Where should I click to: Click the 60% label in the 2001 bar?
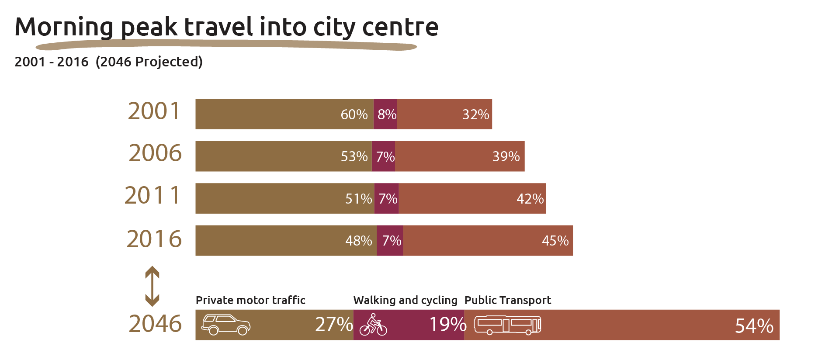point(354,114)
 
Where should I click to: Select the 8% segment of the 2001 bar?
point(386,114)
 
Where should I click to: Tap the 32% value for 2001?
point(475,114)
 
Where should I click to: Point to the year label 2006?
point(155,153)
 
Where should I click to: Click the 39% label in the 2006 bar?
point(506,156)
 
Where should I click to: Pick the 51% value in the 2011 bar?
point(358,199)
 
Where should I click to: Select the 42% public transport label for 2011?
point(530,199)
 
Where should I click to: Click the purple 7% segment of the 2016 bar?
point(391,241)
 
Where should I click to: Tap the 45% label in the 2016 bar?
point(555,241)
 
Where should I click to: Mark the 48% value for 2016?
point(358,241)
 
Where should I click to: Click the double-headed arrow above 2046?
point(152,286)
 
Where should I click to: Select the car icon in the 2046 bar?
point(225,325)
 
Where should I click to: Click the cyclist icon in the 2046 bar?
point(373,325)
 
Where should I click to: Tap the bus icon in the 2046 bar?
point(507,325)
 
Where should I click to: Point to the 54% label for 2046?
point(754,326)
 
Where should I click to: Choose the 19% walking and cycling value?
point(447,325)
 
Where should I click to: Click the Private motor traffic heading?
point(250,300)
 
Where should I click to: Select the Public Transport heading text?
point(507,300)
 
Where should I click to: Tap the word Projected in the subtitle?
point(168,62)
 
